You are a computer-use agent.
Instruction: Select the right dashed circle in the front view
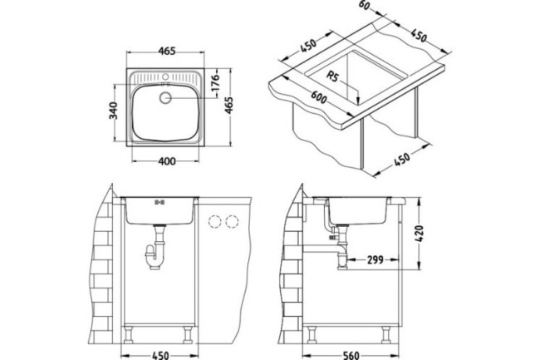pos(232,221)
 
